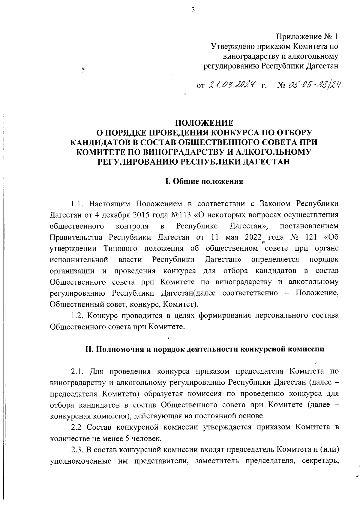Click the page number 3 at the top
click(x=193, y=10)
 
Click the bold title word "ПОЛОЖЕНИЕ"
click(x=204, y=123)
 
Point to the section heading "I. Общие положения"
click(x=204, y=182)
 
